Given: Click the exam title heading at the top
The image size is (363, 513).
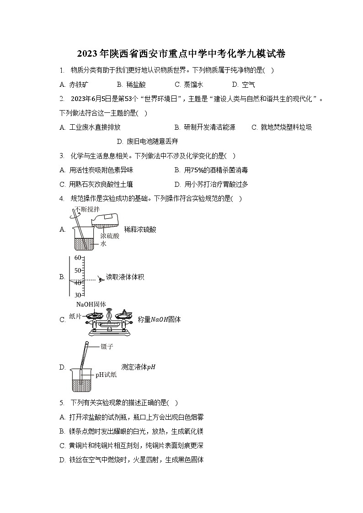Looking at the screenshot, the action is [181, 54].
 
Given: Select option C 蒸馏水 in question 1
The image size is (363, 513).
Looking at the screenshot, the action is [188, 85].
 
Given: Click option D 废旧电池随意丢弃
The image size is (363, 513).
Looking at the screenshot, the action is [147, 142].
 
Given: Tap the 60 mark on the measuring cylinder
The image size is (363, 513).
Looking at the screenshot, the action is [77, 258].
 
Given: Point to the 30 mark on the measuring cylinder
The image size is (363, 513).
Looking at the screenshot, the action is [77, 295].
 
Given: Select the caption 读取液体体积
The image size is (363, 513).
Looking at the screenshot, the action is [125, 277].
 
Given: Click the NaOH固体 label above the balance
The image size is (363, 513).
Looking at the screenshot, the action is [91, 304].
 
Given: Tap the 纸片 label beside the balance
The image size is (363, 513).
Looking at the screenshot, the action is [75, 316].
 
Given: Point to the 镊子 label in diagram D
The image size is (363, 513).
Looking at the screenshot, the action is [107, 347].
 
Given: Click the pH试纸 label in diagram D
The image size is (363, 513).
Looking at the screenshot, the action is [106, 375].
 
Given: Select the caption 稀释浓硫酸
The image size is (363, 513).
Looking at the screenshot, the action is [140, 229].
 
